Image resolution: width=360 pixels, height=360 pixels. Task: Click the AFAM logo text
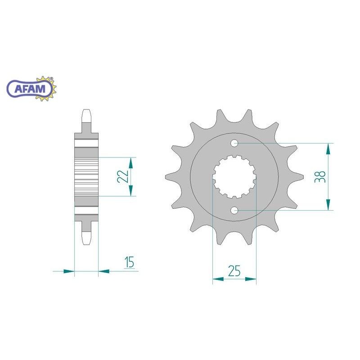click(30, 89)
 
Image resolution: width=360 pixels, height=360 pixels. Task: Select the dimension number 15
click(129, 262)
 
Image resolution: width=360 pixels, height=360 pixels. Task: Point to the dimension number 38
click(320, 176)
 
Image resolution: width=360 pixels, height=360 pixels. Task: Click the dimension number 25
click(234, 271)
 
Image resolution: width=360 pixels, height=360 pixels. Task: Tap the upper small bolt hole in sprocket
click(234, 144)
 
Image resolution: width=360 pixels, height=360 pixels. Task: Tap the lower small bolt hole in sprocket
click(234, 210)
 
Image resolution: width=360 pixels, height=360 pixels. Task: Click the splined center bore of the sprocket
click(234, 177)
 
